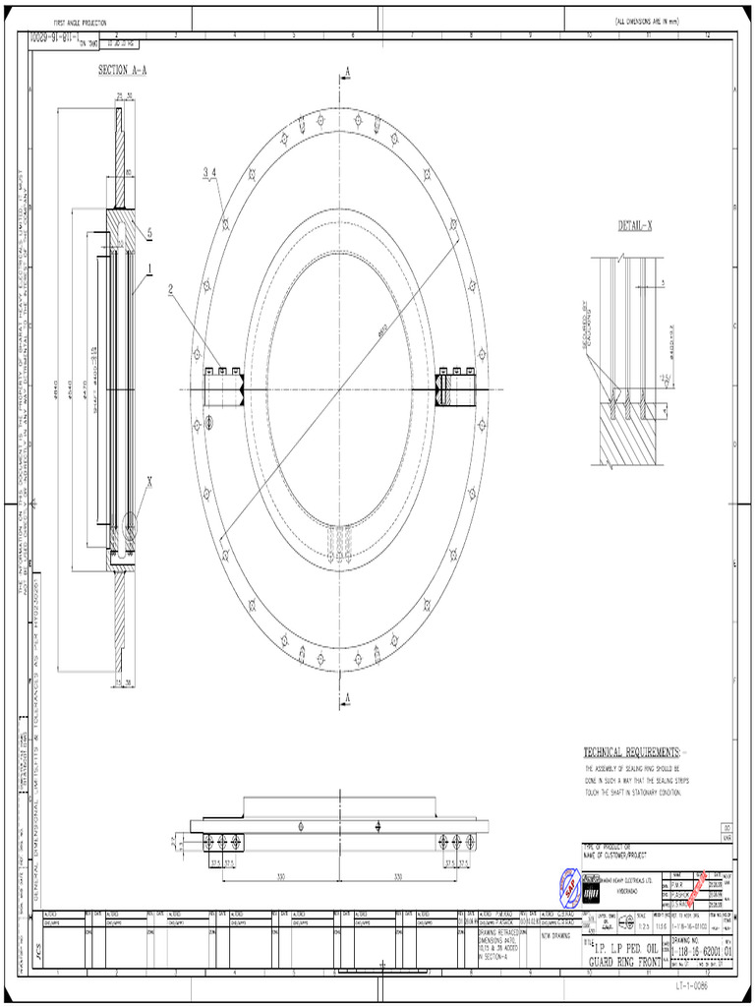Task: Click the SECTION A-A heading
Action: (126, 70)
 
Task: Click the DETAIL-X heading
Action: (635, 226)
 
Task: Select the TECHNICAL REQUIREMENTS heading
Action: (645, 751)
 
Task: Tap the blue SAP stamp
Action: (570, 888)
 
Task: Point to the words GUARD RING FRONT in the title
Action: (625, 962)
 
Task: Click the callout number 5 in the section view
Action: (149, 232)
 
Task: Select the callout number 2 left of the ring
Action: (169, 289)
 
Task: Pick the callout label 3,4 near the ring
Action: (209, 172)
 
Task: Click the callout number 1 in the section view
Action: (149, 267)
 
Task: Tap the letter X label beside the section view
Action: (149, 482)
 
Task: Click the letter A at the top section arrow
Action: (347, 71)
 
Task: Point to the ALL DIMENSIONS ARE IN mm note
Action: (648, 21)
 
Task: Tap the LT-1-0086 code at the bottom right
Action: (691, 984)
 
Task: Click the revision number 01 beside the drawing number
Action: (728, 951)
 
